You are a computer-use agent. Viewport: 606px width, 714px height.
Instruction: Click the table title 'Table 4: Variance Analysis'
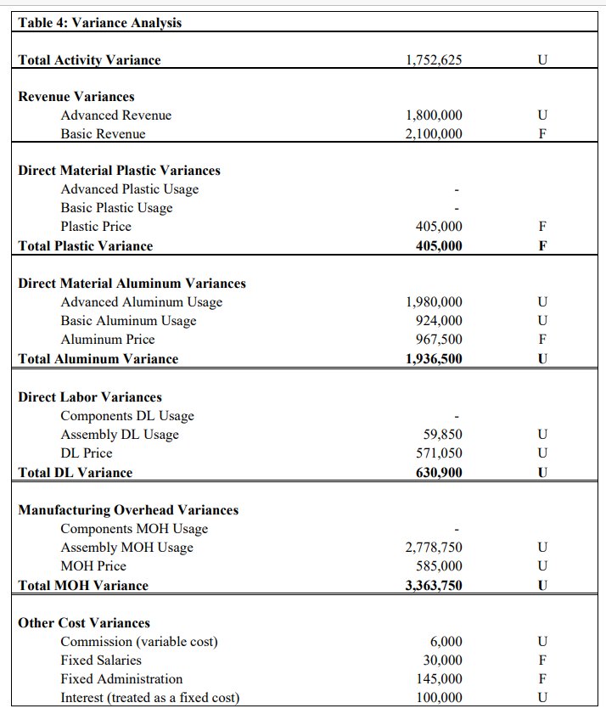pos(99,23)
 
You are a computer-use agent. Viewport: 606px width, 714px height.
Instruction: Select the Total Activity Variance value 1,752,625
pos(435,60)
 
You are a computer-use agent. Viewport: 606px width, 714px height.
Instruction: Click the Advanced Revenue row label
pos(115,115)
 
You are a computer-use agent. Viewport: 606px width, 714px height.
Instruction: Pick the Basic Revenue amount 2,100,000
pos(435,134)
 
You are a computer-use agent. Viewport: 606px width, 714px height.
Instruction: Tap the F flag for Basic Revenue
pos(542,134)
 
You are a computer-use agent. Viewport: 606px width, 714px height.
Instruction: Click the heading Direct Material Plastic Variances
pos(119,171)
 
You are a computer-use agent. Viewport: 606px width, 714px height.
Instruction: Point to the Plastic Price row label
pos(96,227)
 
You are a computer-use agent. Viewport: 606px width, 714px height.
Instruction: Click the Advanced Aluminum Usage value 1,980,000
pos(435,302)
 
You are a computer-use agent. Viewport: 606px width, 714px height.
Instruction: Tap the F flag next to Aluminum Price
pos(542,340)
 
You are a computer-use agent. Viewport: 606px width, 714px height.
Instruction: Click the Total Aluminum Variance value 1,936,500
pos(435,359)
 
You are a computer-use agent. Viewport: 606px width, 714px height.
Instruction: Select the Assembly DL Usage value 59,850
pos(443,435)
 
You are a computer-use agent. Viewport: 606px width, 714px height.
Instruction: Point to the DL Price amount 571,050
pos(439,453)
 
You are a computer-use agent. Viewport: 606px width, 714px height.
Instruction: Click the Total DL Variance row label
pos(76,473)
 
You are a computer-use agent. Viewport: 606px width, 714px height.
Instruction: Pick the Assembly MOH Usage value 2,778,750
pos(435,548)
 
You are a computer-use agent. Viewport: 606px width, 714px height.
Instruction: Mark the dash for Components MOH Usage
pos(457,529)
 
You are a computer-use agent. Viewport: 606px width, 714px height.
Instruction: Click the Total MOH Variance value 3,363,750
pos(435,586)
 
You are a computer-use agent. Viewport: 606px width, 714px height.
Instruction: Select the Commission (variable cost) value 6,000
pos(446,642)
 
